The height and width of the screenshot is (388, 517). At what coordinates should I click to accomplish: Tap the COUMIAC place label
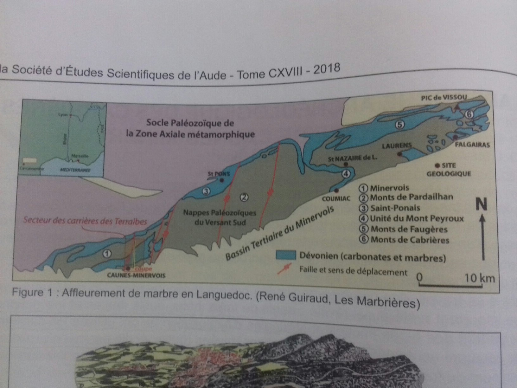coord(336,198)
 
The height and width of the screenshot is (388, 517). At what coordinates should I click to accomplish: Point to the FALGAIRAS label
coord(472,145)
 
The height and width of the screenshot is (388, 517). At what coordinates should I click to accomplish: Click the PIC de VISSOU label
coord(444,98)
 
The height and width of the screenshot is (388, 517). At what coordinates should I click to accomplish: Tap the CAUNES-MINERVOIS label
coord(136,275)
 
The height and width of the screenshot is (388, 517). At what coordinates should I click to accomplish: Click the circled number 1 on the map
coord(107,254)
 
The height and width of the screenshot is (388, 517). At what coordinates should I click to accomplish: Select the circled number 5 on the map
coord(400,125)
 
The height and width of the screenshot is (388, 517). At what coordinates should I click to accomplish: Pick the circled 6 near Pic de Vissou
coord(469,114)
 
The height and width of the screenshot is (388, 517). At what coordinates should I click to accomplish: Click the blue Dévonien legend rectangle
coord(286,255)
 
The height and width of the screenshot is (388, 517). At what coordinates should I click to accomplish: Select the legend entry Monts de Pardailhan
coord(411,197)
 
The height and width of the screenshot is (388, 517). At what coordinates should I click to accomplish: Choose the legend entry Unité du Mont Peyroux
coord(416,218)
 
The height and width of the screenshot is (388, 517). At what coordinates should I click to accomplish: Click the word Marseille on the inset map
coord(80,156)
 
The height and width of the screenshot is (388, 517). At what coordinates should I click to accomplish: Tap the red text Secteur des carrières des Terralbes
coord(85,220)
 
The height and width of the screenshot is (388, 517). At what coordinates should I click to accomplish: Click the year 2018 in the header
coord(327,69)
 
